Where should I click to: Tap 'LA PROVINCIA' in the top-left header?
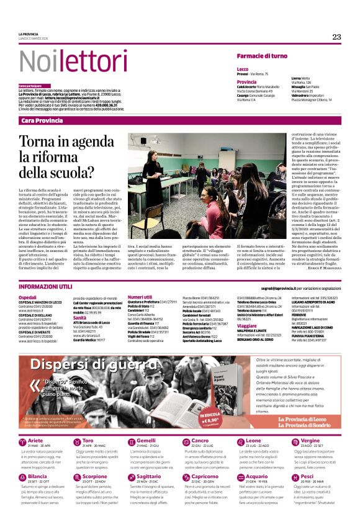click(28, 34)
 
